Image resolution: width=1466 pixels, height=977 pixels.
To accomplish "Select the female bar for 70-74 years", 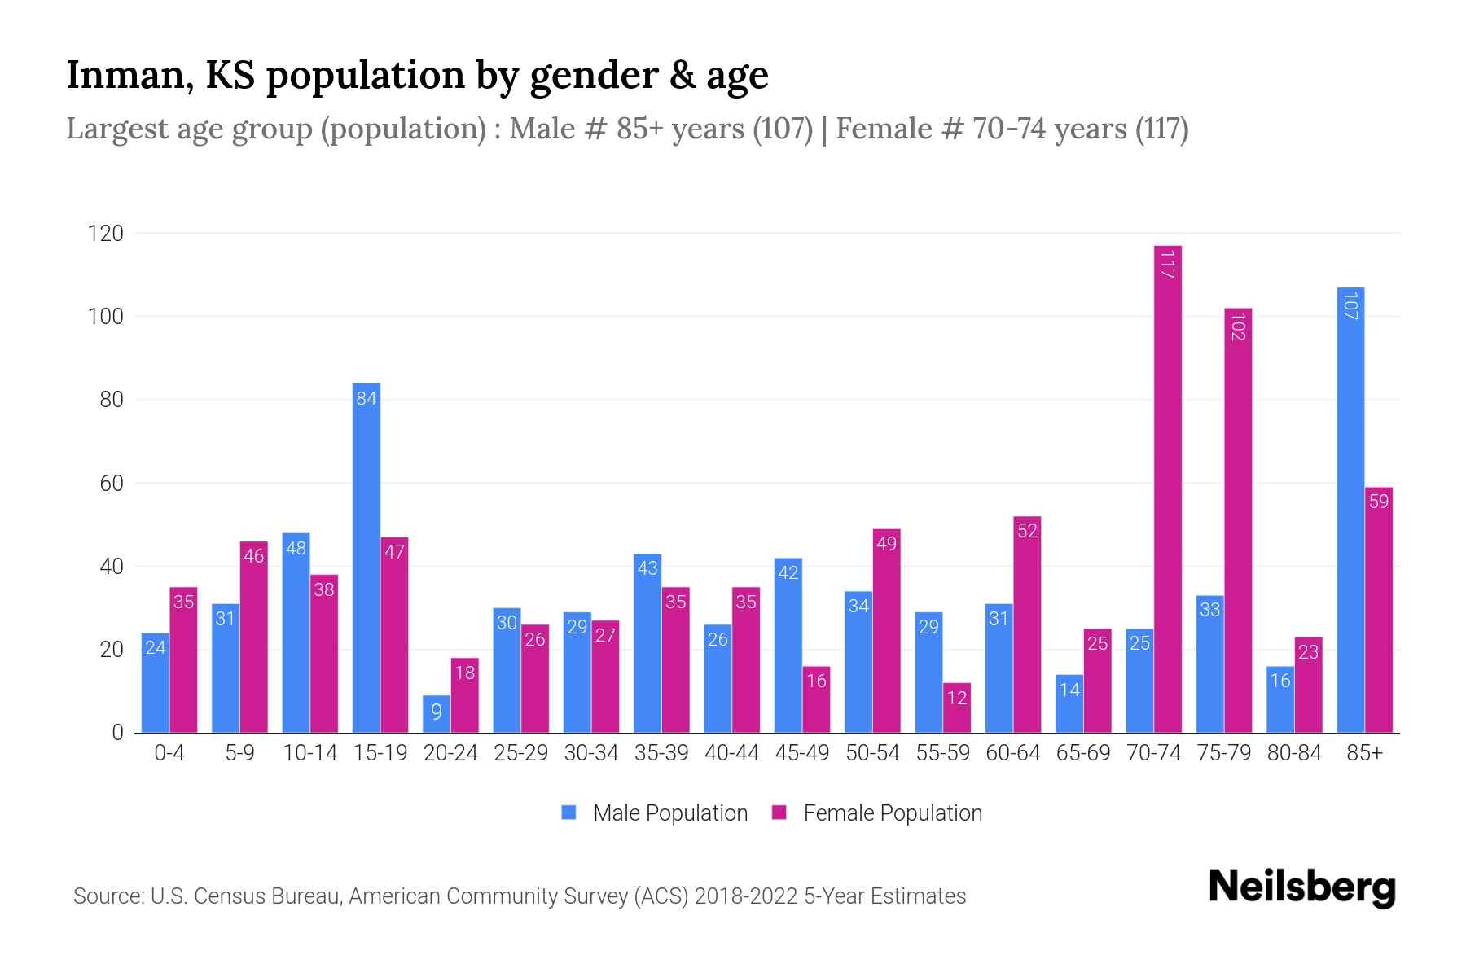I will point(1167,488).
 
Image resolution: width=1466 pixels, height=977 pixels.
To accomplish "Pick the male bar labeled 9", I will point(436,714).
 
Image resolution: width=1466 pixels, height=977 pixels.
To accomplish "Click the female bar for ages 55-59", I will point(956,708).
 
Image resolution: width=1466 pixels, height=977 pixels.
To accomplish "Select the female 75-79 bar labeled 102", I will point(1237,521).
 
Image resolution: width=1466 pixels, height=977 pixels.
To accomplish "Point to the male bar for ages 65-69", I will point(1069,703).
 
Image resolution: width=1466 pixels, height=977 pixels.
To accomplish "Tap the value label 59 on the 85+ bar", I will point(1378,502).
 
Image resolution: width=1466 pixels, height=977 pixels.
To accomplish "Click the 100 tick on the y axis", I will point(106,317).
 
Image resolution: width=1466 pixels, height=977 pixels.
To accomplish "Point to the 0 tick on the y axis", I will point(117,733).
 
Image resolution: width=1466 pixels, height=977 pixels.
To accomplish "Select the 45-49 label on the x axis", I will point(801,753).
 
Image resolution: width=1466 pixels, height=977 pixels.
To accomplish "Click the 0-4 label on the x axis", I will point(169,753).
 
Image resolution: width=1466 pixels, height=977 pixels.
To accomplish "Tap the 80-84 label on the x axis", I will point(1293,753).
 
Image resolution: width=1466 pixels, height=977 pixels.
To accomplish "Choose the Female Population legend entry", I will point(877,813).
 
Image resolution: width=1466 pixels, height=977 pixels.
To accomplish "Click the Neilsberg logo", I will point(1301,887).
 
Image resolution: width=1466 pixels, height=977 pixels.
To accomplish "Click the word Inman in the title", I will point(128,75).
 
